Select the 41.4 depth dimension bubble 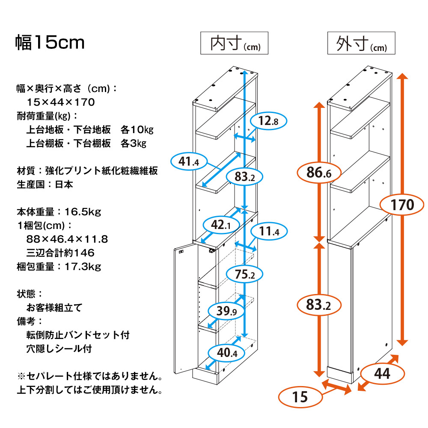189,161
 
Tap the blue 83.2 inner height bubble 244,176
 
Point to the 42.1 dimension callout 221,225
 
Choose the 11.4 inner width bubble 268,232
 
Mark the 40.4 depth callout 226,353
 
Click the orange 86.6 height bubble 319,173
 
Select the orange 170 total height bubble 402,204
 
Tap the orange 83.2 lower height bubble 319,305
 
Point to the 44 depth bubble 382,374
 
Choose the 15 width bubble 301,397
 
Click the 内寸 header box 235,43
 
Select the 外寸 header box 361,43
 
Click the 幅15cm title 50,43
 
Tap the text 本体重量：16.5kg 59,211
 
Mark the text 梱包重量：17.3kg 59,267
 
